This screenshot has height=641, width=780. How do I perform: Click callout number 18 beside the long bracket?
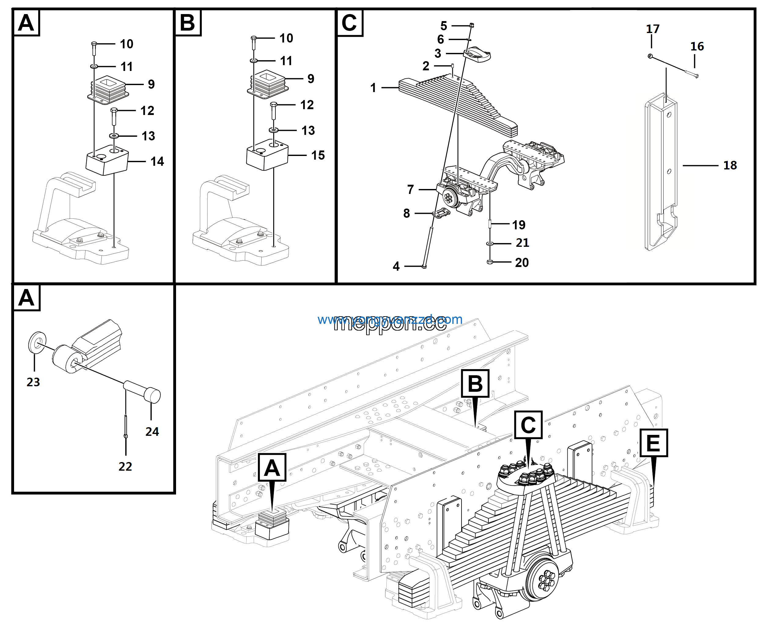click(x=730, y=165)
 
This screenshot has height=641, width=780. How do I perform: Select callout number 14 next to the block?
click(x=157, y=161)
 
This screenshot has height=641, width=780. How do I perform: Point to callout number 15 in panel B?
click(x=318, y=155)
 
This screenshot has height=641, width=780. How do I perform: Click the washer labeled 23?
click(x=37, y=342)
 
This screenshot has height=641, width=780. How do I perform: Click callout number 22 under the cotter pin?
click(x=125, y=466)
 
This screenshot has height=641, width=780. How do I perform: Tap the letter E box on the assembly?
click(x=653, y=443)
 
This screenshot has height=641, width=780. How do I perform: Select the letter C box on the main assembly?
click(x=528, y=424)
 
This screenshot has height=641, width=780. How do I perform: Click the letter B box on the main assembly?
click(x=475, y=383)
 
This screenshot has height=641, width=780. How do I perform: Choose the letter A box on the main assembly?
click(x=272, y=468)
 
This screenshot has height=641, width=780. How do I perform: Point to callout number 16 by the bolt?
click(x=697, y=46)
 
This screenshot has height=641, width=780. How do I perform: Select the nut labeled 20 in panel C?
click(x=490, y=262)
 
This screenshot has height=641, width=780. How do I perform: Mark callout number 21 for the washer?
click(x=522, y=243)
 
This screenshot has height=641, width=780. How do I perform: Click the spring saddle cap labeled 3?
click(x=478, y=54)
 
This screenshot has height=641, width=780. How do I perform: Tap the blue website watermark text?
click(x=390, y=319)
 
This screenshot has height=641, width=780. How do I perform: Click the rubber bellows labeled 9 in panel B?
click(x=267, y=84)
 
